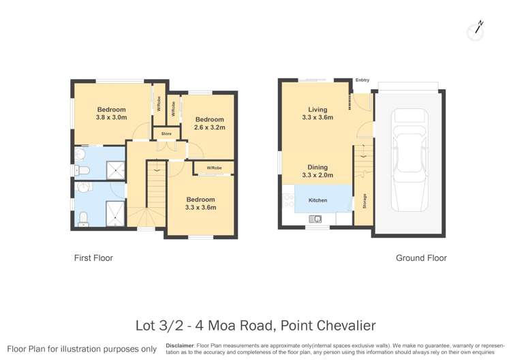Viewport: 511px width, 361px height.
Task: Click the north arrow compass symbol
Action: (476, 29)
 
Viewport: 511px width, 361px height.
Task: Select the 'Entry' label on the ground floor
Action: (362, 80)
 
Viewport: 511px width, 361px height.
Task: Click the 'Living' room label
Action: (318, 109)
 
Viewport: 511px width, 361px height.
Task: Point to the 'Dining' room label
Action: (318, 167)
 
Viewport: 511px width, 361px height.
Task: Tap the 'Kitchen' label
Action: (318, 200)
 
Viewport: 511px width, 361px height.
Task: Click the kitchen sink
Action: (316, 219)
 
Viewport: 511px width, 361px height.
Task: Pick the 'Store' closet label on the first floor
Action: (166, 134)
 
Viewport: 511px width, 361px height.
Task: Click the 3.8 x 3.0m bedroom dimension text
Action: (111, 117)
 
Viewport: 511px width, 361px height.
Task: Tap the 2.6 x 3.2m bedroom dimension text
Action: (209, 127)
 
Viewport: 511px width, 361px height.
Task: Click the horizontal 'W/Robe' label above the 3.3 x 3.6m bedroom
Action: (214, 168)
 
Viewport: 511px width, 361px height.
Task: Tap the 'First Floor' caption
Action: (93, 258)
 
